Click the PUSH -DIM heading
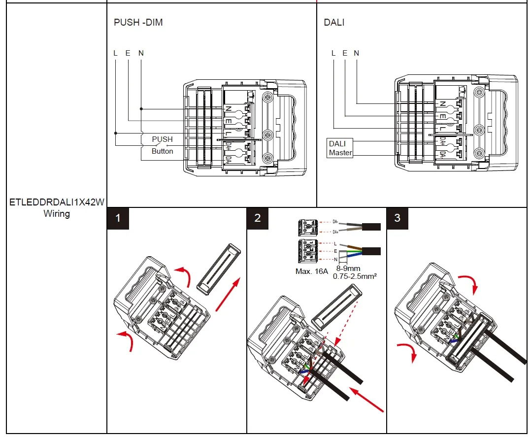coord(138,22)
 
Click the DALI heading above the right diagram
coord(334,22)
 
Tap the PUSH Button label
coord(162,145)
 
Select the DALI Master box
coord(340,148)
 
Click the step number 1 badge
coord(118,218)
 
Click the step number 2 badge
coord(258,218)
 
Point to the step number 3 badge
coord(397,218)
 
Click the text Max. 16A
coord(312,271)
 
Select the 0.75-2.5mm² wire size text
coord(355,277)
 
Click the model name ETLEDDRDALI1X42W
coord(57,202)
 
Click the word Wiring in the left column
coord(57,214)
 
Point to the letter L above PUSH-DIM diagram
coord(115,53)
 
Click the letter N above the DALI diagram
coord(356,53)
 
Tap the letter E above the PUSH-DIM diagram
coord(128,53)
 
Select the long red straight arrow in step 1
coord(229,294)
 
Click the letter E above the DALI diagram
coord(345,53)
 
